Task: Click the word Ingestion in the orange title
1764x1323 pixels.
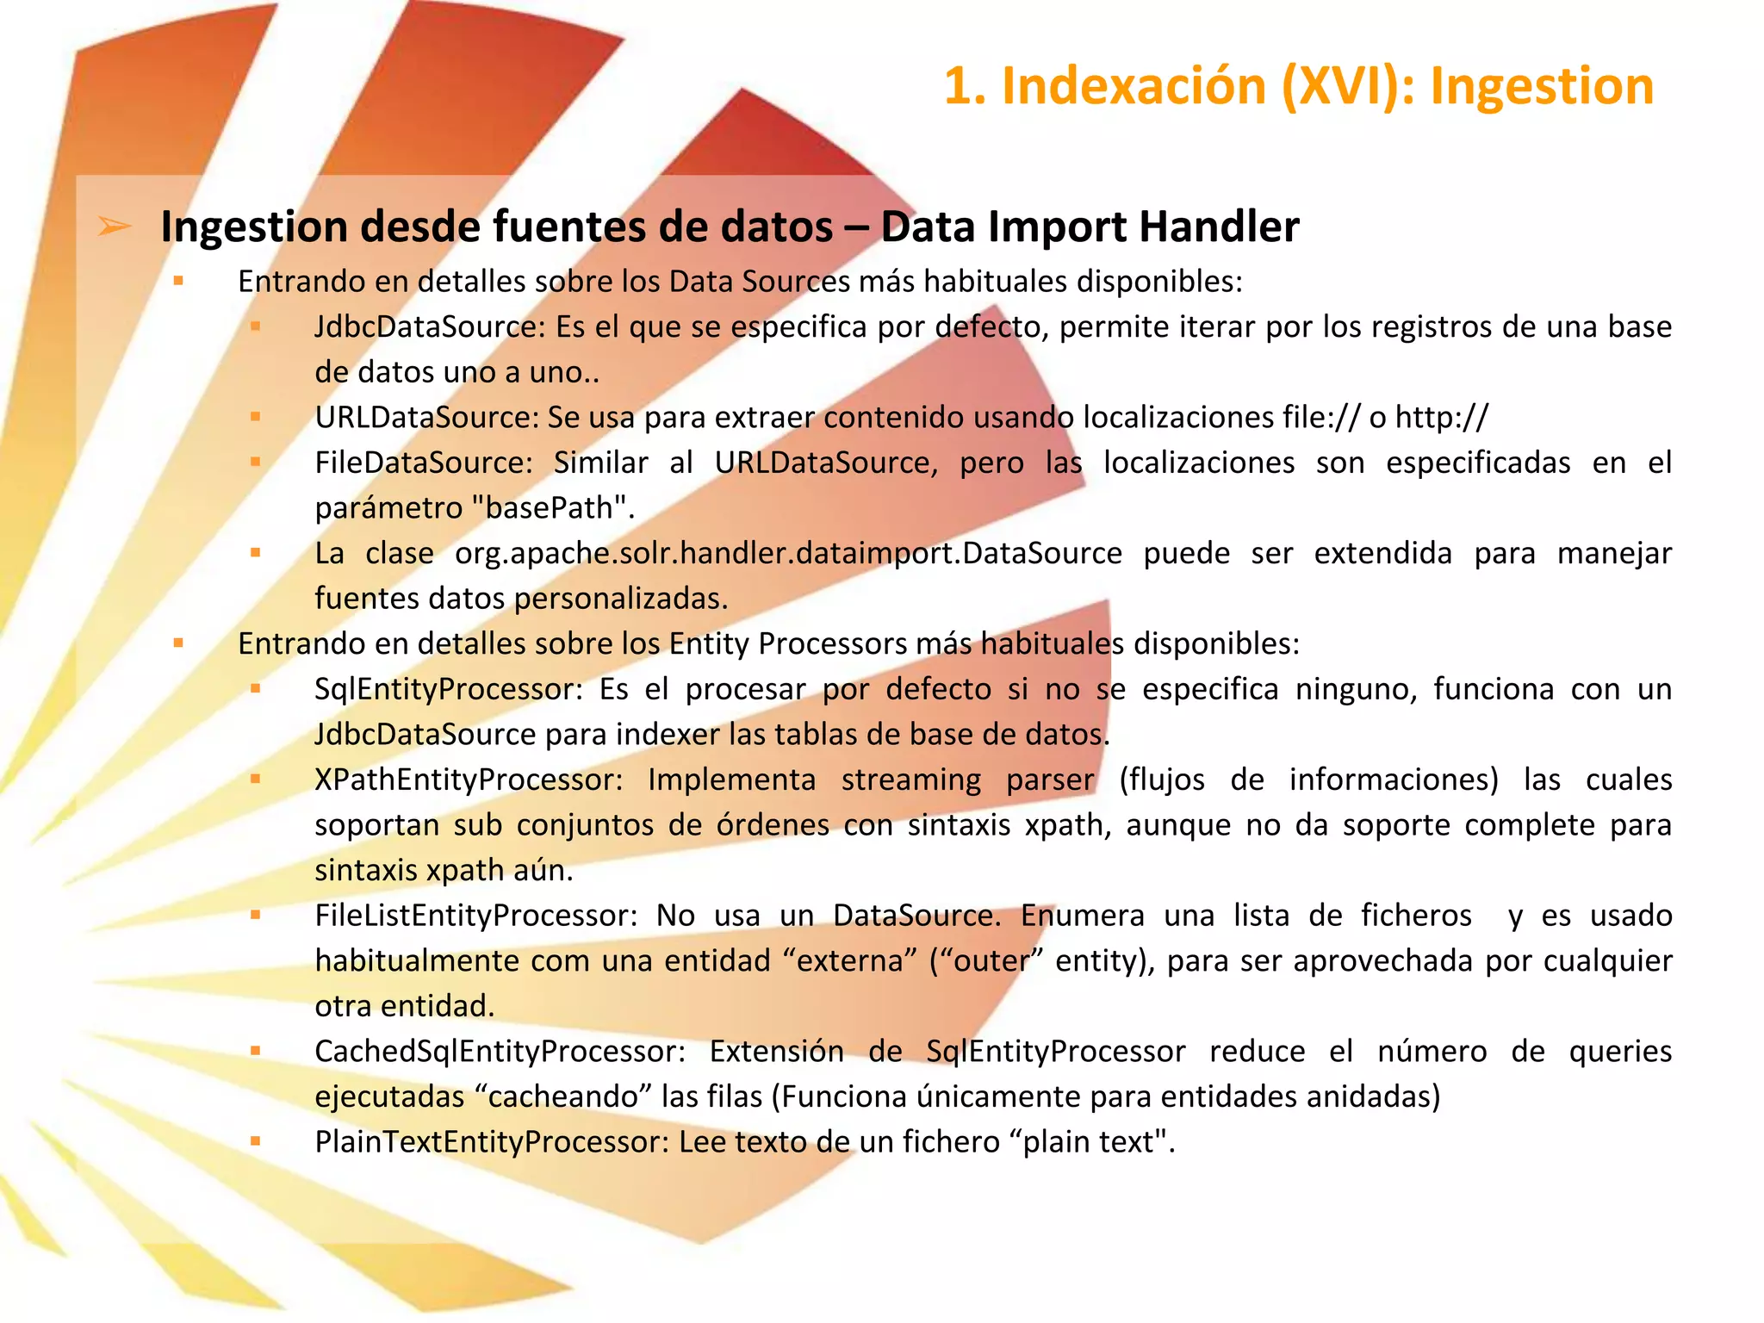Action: point(1542,86)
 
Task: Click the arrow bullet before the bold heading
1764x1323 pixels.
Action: point(115,227)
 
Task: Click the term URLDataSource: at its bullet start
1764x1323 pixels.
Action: point(426,418)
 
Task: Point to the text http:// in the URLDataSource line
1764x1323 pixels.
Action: point(1441,418)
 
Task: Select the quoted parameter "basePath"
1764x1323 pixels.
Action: point(554,508)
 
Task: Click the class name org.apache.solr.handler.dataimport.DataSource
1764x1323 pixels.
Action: point(788,554)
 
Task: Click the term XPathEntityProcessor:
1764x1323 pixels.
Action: point(469,780)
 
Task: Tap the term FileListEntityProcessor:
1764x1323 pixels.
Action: point(475,916)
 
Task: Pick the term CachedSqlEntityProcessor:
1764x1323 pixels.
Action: point(500,1052)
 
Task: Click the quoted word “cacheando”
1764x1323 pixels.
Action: point(563,1097)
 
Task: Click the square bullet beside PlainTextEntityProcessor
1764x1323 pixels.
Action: point(255,1141)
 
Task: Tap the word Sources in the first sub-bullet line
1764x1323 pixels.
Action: point(792,282)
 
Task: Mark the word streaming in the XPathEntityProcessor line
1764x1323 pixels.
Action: point(910,780)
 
